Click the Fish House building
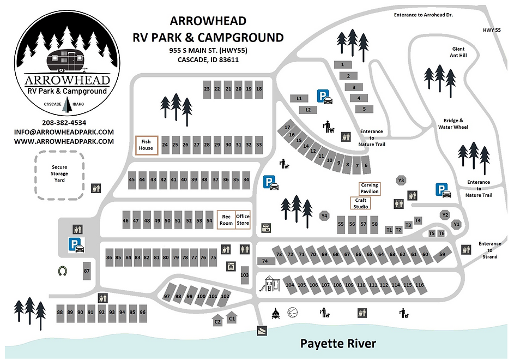tap(147, 145)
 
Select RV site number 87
tap(86, 271)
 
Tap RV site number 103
tap(244, 275)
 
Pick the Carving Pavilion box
tap(370, 189)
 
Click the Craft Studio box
tap(360, 203)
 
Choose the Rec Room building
tap(226, 220)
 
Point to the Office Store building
tap(243, 220)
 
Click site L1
tap(299, 98)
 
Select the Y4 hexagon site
tap(324, 216)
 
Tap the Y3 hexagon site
tap(402, 180)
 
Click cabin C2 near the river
tap(217, 321)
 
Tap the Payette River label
tap(338, 344)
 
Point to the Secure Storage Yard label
tap(60, 173)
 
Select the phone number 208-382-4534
tap(64, 122)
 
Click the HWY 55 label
tap(491, 31)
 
